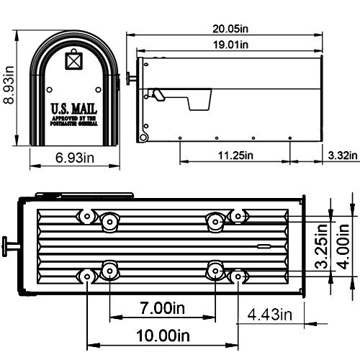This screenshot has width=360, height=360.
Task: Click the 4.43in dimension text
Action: coord(269,314)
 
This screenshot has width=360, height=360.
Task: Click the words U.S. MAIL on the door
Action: coord(73,109)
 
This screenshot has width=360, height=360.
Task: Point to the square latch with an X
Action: coord(73,60)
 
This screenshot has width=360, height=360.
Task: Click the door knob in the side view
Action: coord(130,76)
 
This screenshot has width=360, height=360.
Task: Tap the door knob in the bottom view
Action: coord(9,246)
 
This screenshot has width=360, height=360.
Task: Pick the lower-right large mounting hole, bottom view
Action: coord(214,270)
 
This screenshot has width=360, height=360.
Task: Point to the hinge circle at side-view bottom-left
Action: coord(144,136)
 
